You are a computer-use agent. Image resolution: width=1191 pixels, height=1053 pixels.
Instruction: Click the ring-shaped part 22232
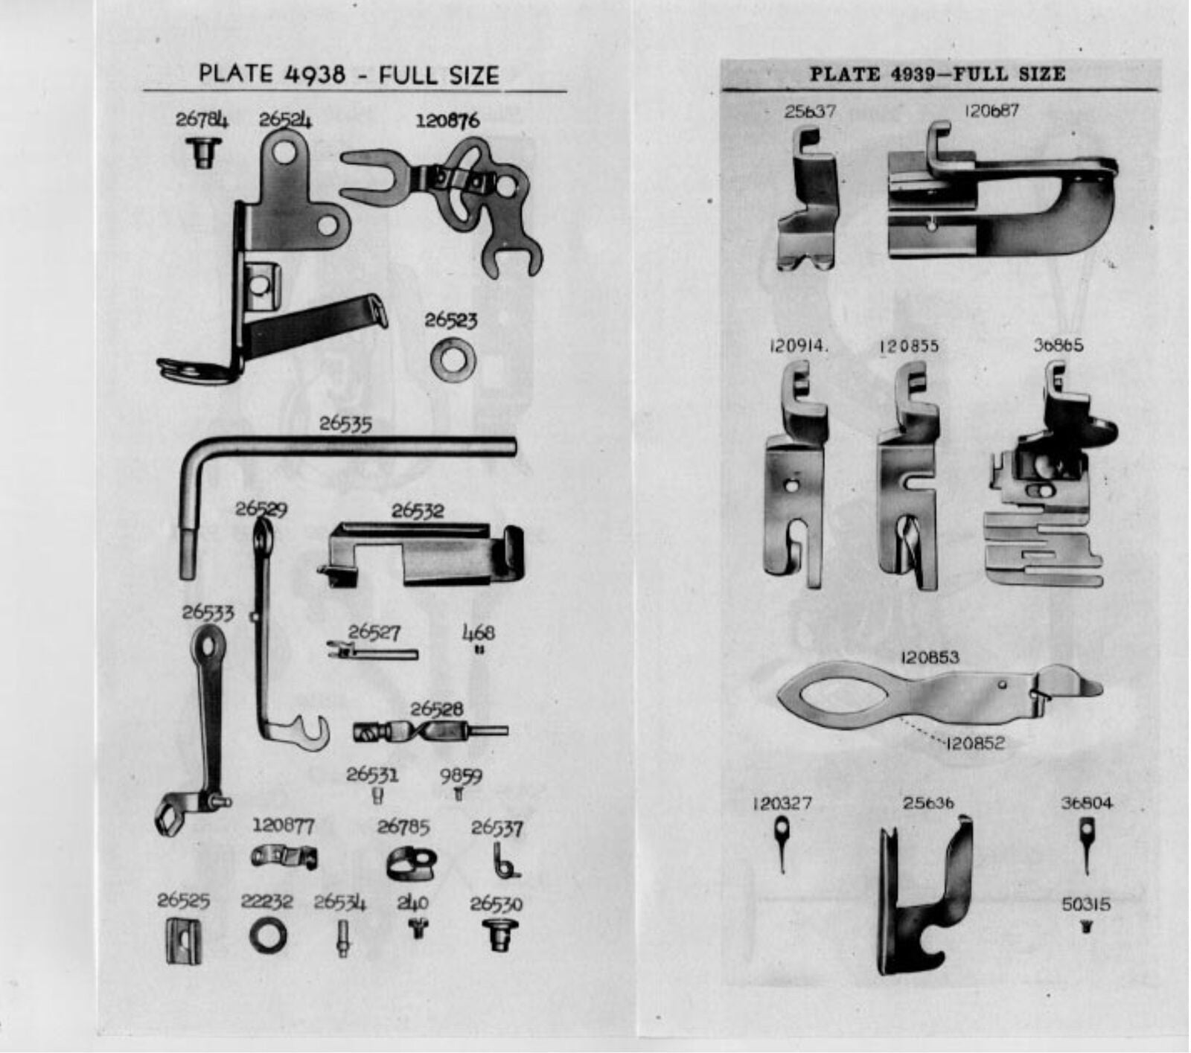pos(268,935)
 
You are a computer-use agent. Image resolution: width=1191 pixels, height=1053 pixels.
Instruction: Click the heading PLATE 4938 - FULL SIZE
pos(348,74)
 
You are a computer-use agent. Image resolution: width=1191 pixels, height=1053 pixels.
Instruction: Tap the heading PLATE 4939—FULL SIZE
pos(937,74)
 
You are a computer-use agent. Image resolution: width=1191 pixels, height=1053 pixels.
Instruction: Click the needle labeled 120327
pos(782,843)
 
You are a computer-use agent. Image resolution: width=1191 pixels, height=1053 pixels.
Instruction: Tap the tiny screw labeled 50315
pos(1086,927)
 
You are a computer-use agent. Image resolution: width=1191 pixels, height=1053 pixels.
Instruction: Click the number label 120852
pos(974,743)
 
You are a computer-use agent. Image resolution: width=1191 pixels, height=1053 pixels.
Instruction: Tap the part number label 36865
pos(1059,345)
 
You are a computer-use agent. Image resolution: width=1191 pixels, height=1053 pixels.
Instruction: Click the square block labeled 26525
pos(183,941)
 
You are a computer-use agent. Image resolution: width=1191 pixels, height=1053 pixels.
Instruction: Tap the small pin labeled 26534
pos(342,938)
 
